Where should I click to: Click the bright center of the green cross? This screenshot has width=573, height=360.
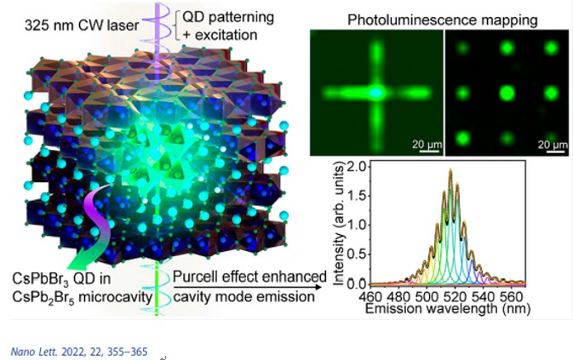point(375,91)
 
